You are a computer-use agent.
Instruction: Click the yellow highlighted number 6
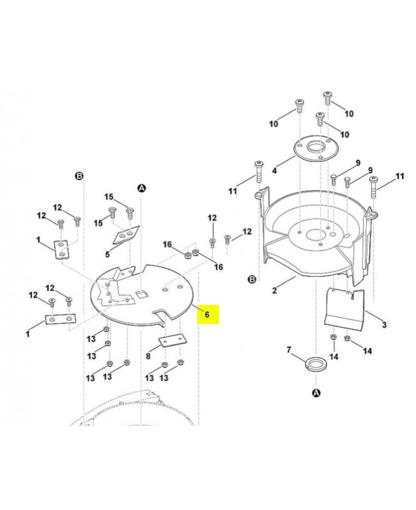coord(207,315)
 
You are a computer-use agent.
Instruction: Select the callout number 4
coord(274,171)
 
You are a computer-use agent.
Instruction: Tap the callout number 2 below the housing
coord(274,291)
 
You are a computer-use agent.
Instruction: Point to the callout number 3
coord(384,325)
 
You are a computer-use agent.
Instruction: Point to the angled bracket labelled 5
coord(125,236)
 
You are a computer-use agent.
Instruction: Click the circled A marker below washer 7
coord(316,393)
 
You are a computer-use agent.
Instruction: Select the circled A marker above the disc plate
coord(142,188)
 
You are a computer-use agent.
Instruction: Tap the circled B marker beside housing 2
coord(251,279)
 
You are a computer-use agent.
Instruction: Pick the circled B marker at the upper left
coord(80,175)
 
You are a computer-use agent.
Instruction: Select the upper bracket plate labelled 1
coord(60,249)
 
